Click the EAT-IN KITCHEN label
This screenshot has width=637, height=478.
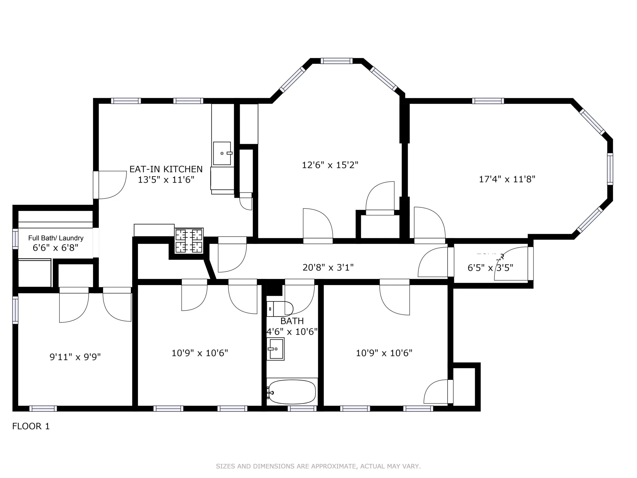click(166, 169)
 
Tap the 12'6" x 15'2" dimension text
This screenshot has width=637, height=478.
click(330, 165)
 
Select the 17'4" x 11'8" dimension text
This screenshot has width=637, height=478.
click(507, 179)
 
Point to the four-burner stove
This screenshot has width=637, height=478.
click(189, 241)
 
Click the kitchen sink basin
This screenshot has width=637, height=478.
click(222, 153)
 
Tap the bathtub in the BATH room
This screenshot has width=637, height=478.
click(292, 392)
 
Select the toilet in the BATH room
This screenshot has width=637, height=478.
click(279, 309)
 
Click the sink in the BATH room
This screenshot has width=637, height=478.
click(276, 349)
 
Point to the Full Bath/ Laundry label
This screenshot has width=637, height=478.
click(56, 238)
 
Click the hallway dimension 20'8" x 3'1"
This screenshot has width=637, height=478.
click(328, 268)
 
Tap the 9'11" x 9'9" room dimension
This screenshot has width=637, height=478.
click(75, 357)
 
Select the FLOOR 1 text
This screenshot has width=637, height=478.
click(31, 426)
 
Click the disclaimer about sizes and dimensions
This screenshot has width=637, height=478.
click(318, 466)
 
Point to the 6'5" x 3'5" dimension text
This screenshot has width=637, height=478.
click(490, 268)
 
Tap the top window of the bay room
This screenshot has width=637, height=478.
click(336, 61)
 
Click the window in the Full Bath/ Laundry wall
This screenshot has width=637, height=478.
click(15, 239)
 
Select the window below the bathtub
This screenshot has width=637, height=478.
click(302, 408)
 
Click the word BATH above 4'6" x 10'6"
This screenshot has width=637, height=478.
click(292, 321)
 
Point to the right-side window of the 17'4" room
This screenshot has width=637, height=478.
click(610, 169)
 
